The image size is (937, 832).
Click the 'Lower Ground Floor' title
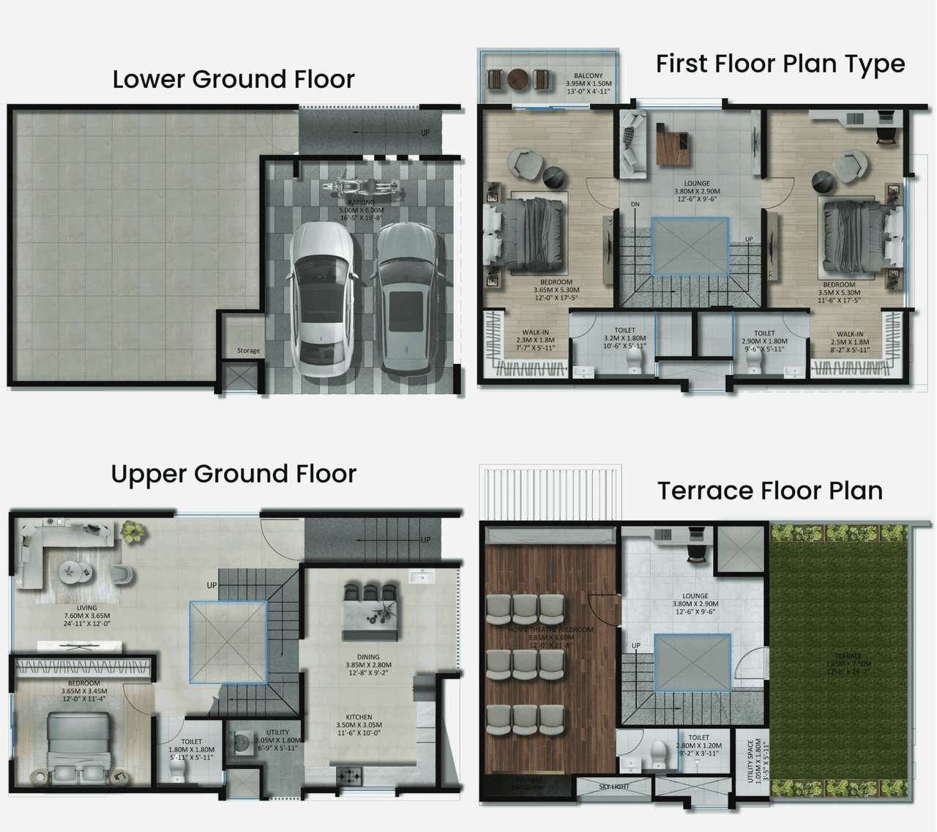click(x=233, y=79)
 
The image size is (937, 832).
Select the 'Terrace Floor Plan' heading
click(x=769, y=490)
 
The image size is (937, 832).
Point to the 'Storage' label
click(x=248, y=351)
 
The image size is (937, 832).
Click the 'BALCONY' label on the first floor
click(x=588, y=75)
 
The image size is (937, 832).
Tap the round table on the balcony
click(x=519, y=79)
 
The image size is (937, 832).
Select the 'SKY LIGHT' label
click(x=613, y=787)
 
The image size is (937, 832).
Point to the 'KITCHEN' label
click(x=359, y=717)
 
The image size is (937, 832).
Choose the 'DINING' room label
click(x=368, y=657)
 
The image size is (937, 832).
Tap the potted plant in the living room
click(x=132, y=531)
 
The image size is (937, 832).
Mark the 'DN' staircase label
click(x=635, y=204)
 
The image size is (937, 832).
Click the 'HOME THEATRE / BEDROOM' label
click(x=551, y=630)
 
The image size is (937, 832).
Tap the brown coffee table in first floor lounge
click(x=673, y=146)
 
